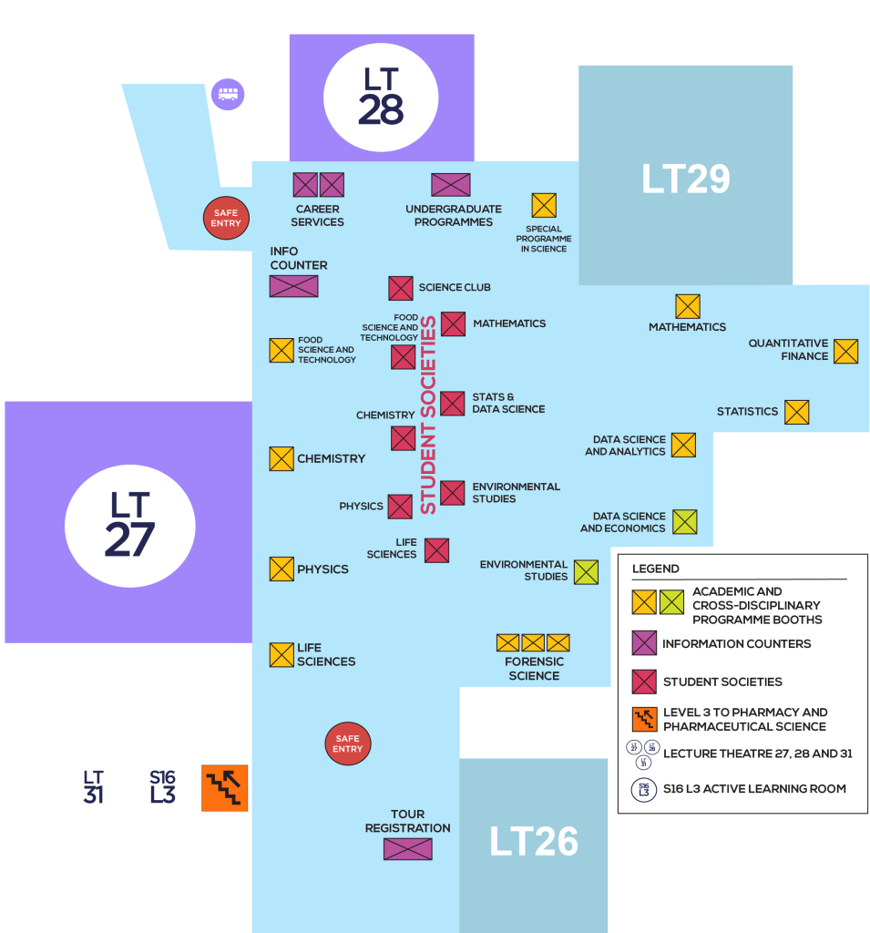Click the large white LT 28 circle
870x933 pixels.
381,97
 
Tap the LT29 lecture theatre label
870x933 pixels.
685,179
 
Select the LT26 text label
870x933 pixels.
534,842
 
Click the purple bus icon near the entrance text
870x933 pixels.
228,94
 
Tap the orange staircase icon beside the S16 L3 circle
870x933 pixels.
224,788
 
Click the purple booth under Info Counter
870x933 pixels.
293,286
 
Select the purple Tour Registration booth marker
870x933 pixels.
407,849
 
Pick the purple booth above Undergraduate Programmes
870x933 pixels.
450,185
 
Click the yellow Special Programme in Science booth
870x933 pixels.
544,206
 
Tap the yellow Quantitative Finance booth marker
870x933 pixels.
845,351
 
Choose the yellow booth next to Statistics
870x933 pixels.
796,412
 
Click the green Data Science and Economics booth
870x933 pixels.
684,522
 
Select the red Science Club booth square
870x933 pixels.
401,288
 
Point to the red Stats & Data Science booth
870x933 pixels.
453,403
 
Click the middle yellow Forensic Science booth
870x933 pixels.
533,642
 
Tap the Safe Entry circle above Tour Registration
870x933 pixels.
348,743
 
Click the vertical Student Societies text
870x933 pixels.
427,415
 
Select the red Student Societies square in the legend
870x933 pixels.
644,682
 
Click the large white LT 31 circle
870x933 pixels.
93,787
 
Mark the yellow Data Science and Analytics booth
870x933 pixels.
683,445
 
